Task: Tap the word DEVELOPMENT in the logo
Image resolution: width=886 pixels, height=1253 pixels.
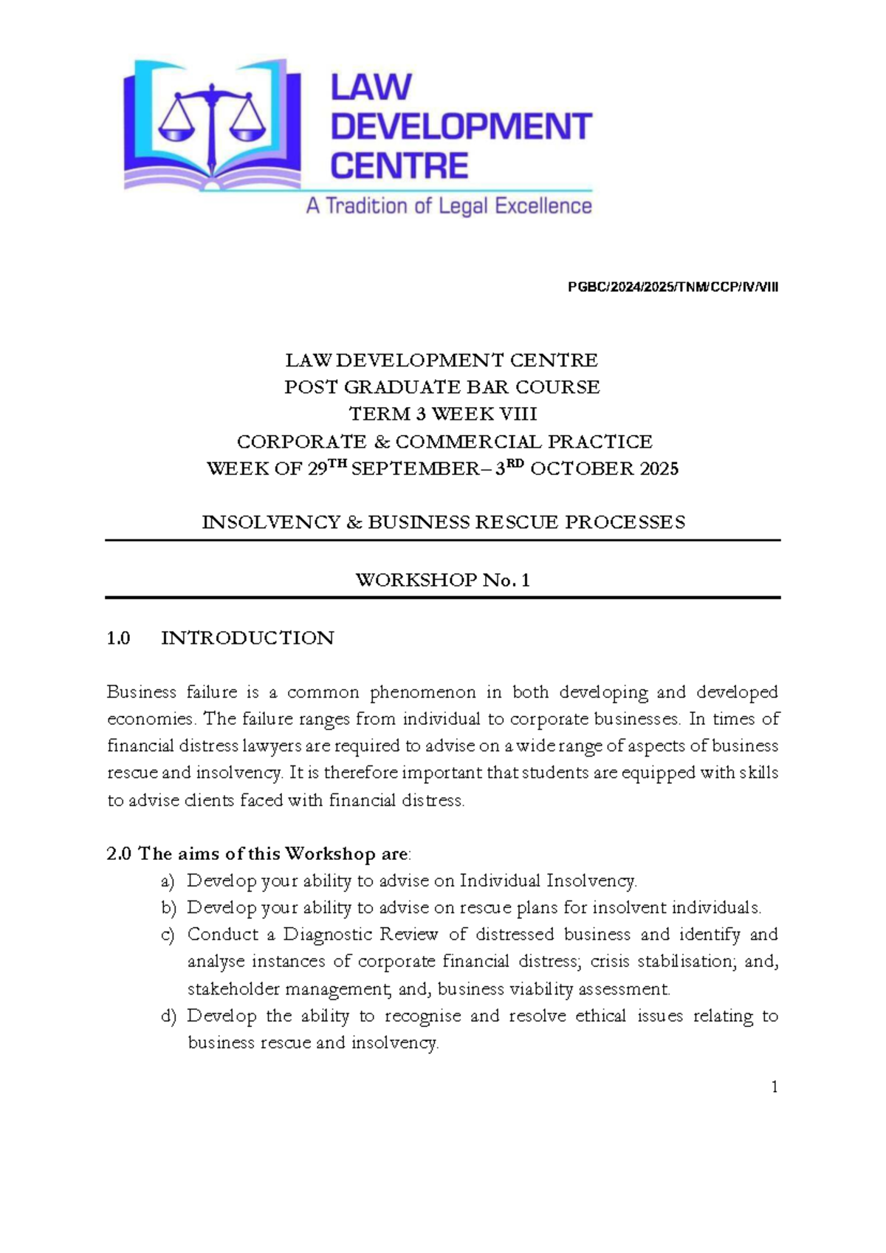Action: tap(461, 127)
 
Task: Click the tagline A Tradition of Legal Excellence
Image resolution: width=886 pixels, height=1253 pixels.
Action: tap(449, 206)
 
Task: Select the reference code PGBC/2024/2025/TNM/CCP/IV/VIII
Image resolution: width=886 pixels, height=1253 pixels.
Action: tap(673, 287)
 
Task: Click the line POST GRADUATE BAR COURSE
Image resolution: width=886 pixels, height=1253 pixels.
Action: tap(442, 387)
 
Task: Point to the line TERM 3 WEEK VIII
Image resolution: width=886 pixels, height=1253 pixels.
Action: tap(442, 414)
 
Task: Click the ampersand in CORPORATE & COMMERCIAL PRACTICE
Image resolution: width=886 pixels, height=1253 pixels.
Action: tap(381, 442)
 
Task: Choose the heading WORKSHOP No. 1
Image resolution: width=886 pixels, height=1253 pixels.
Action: tap(442, 580)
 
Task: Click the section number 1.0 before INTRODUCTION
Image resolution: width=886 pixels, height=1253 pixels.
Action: tap(118, 638)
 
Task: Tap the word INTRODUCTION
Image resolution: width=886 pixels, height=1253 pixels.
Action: tap(247, 638)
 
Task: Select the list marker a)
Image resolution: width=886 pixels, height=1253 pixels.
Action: tap(168, 881)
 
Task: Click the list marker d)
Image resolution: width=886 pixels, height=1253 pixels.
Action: tap(168, 1017)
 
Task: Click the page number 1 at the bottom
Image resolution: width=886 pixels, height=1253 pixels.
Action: tap(774, 1087)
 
